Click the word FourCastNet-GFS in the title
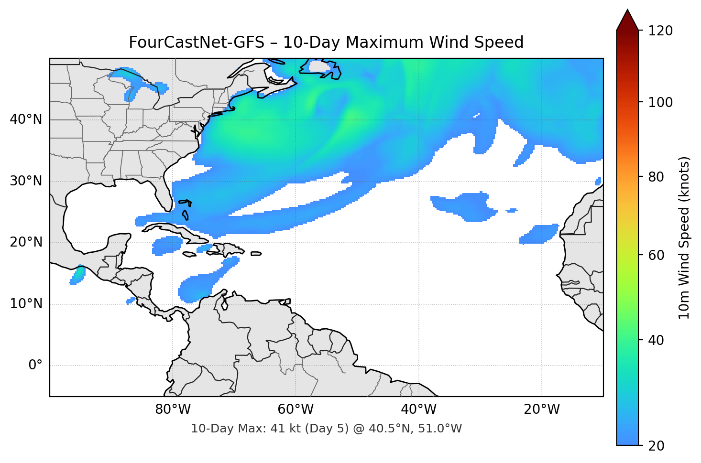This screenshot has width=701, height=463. pos(196,43)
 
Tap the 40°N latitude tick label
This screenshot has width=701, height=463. pos(26,119)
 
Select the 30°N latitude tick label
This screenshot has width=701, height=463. pos(26,181)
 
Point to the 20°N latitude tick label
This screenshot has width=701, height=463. pos(26,242)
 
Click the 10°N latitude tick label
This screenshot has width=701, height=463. pos(26,304)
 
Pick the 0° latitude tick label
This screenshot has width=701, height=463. pos(35,366)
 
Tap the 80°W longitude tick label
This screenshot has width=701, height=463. pos(173,409)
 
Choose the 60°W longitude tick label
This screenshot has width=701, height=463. pos(296,409)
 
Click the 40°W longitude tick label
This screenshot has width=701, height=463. pos(418,409)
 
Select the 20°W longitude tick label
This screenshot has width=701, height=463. pos(541,409)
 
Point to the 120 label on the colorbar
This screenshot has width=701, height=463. pos(660,31)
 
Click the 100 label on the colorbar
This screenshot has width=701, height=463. pos(660,102)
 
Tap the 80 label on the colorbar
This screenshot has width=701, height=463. pos(657,177)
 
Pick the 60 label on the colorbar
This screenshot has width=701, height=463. pos(657,255)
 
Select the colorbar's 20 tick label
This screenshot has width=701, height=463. pos(657,446)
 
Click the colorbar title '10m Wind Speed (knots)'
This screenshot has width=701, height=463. pos(684,237)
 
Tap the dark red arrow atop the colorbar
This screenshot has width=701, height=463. pos(627,21)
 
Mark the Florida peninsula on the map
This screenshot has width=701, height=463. pos(164,194)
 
